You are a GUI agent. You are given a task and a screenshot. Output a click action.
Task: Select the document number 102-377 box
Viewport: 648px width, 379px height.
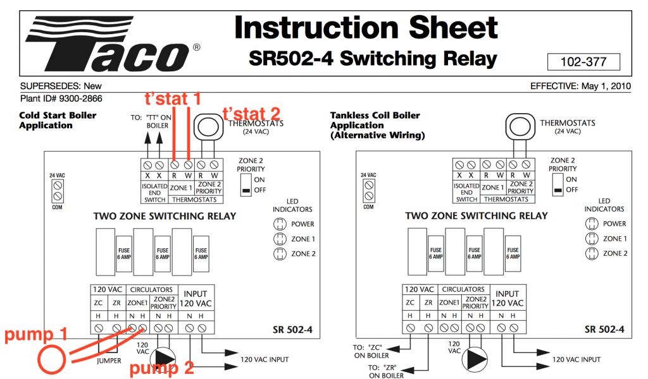[583, 62]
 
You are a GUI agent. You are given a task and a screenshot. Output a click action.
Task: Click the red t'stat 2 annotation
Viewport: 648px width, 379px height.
[251, 114]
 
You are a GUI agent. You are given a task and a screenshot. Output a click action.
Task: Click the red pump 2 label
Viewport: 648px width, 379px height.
[161, 368]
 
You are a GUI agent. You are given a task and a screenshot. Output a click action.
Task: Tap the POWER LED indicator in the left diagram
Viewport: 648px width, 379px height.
[278, 224]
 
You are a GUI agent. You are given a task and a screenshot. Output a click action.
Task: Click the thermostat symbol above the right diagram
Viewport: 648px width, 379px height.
[517, 124]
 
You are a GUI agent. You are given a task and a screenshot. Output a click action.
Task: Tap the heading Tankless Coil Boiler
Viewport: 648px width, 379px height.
[375, 116]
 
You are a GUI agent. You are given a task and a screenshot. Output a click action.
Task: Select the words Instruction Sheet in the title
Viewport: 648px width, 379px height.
[366, 28]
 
